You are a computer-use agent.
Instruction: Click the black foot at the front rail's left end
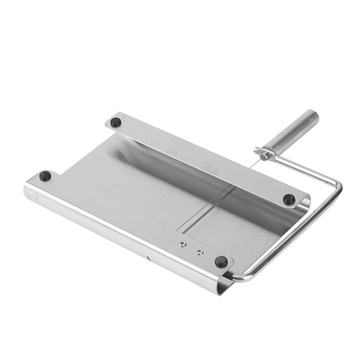click(x=45, y=176)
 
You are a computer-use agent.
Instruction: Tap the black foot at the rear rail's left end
click(x=116, y=122)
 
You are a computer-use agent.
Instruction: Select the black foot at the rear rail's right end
click(x=289, y=199)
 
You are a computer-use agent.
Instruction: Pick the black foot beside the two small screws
click(x=221, y=262)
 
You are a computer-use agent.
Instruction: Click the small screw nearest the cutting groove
click(x=182, y=244)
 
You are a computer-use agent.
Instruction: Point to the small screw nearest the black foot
click(x=199, y=252)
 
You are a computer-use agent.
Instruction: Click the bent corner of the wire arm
click(x=338, y=185)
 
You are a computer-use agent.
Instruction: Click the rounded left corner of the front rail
click(x=28, y=190)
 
